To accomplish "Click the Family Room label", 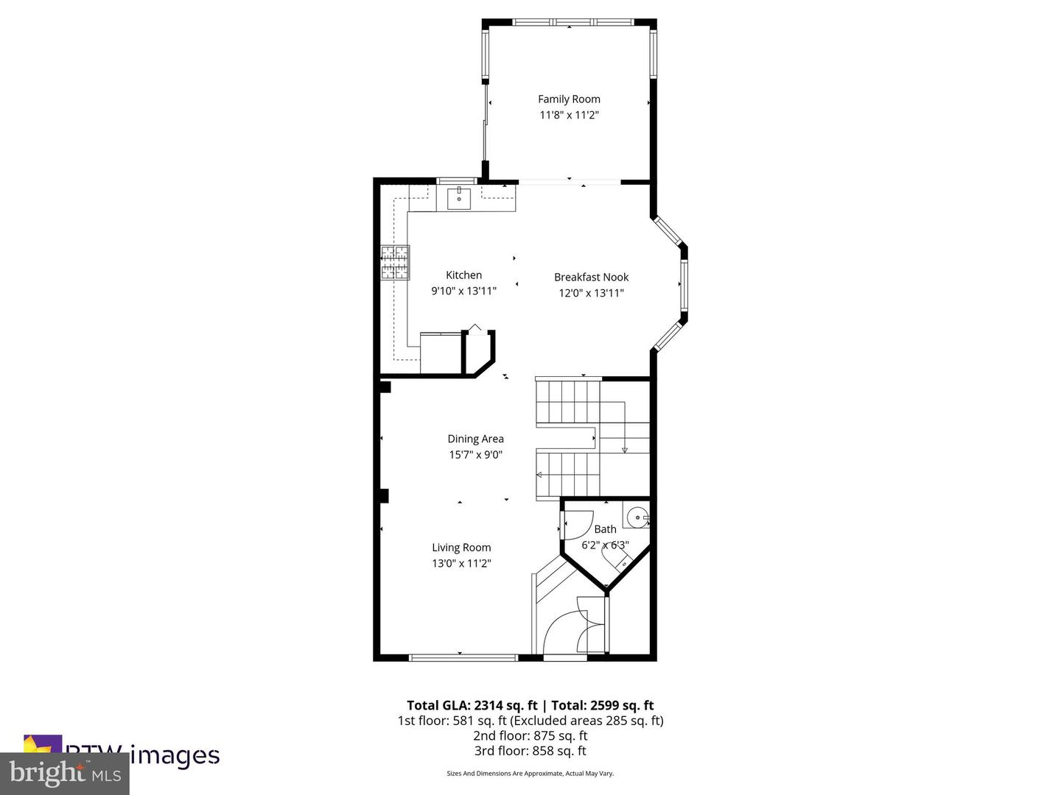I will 569,99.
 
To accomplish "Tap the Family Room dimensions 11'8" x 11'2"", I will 569,115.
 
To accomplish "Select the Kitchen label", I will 463,275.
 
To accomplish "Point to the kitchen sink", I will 459,198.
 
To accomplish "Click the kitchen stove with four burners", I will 395,263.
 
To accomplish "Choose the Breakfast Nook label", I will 591,278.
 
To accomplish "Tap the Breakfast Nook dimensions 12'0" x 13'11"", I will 591,293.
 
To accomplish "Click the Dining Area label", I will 475,439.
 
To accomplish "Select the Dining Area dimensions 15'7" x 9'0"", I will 475,455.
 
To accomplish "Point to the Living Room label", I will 461,548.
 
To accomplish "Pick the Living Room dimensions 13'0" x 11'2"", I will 461,564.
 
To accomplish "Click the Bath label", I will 605,529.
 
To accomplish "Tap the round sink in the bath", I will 637,518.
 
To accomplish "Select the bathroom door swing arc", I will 578,524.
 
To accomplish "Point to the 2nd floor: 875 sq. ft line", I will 530,735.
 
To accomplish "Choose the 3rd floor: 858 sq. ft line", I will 530,751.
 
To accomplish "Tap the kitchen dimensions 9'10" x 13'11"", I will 463,291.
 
